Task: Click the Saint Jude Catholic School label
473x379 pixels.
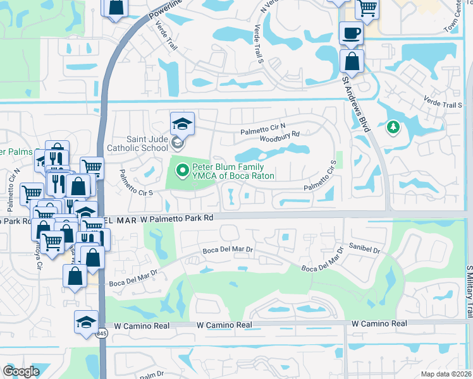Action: (137, 144)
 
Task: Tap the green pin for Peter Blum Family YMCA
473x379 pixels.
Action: (183, 170)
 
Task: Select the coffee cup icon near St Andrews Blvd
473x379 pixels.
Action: (351, 32)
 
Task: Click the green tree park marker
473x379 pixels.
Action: (393, 128)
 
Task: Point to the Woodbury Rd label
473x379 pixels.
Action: (279, 135)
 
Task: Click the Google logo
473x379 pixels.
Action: (21, 371)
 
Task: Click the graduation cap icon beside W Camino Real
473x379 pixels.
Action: (87, 321)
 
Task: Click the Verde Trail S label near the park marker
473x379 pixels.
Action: (441, 104)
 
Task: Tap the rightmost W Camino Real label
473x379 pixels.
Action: (379, 323)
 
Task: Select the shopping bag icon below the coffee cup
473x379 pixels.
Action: (352, 61)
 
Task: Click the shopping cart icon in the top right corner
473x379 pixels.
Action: (366, 8)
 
